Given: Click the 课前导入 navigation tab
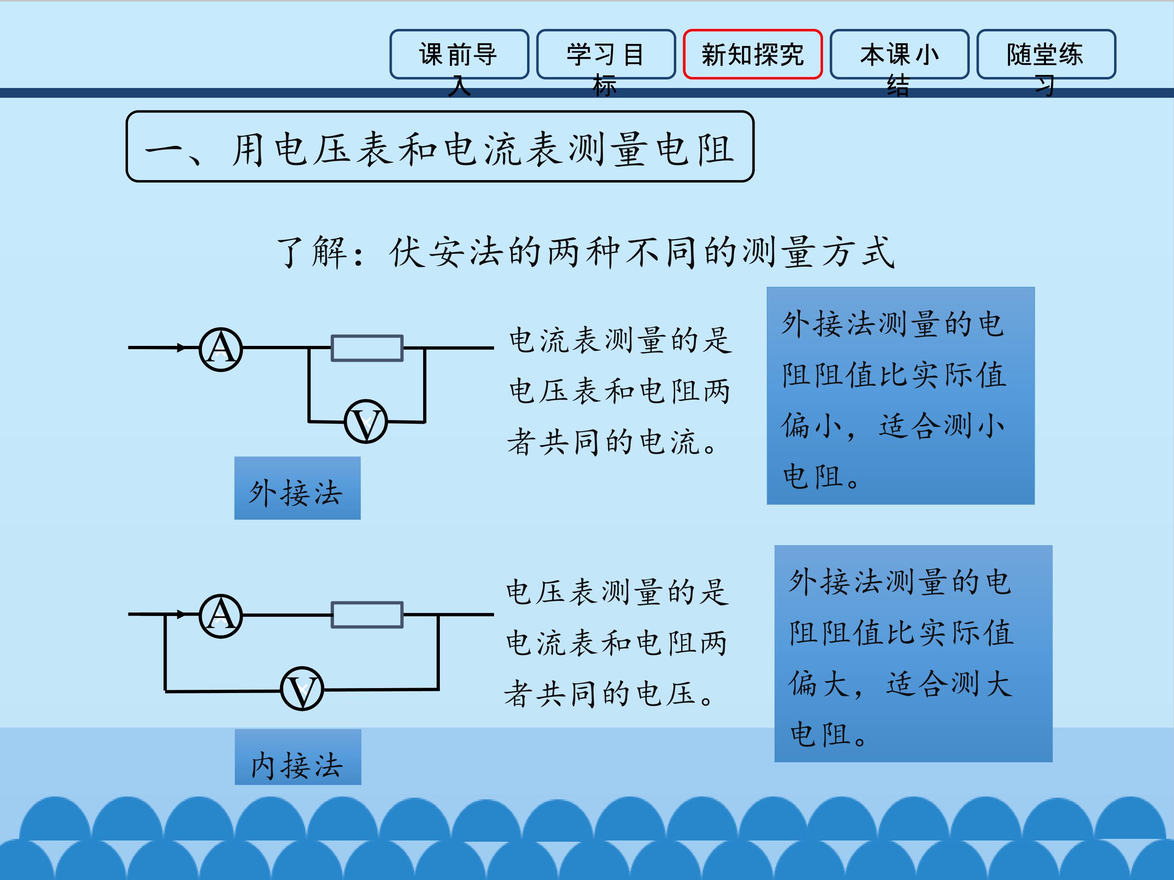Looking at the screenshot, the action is [x=459, y=55].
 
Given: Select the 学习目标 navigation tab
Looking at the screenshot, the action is [x=606, y=55].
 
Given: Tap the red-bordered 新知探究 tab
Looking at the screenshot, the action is [x=753, y=55].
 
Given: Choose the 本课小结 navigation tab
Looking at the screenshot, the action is [x=899, y=55].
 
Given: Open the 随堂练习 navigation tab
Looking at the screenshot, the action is [x=1046, y=55].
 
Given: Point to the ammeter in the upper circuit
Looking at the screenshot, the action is [x=221, y=349].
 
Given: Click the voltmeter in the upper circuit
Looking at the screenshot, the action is [x=366, y=422].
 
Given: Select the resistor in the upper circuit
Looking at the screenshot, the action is [x=367, y=348].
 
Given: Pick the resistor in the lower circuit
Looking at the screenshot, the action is [x=367, y=615].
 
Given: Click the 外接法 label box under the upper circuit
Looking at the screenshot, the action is [x=297, y=488].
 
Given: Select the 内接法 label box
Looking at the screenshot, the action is [x=298, y=757].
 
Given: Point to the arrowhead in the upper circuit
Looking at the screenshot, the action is [x=181, y=348].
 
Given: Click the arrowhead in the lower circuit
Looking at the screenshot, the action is [x=181, y=614].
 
